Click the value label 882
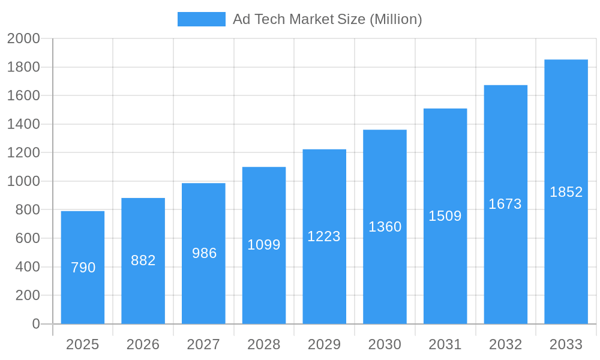(x=143, y=260)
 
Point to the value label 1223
(x=324, y=236)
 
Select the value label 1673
(x=505, y=204)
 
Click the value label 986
(x=204, y=253)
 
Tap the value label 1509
(x=445, y=216)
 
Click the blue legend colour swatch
(x=202, y=19)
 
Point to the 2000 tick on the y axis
(x=23, y=39)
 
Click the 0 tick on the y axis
(x=35, y=324)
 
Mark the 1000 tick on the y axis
(x=23, y=181)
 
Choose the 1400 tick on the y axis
(x=23, y=124)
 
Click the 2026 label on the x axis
(x=143, y=344)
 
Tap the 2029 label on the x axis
(x=324, y=344)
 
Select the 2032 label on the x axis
(x=505, y=344)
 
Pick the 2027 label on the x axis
(x=203, y=344)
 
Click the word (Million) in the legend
(x=395, y=19)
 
